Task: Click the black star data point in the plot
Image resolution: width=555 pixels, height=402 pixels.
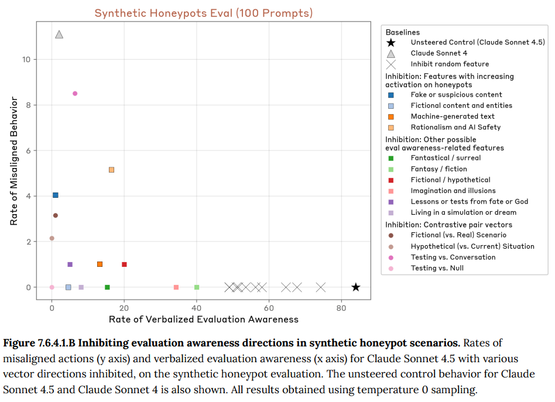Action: pyautogui.click(x=355, y=287)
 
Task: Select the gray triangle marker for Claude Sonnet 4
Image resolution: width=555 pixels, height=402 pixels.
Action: pyautogui.click(x=59, y=35)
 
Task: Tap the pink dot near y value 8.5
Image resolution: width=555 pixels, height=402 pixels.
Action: pyautogui.click(x=75, y=94)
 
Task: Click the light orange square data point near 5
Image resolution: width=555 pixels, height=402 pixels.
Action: pyautogui.click(x=111, y=170)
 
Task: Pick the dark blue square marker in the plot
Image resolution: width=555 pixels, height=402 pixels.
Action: pyautogui.click(x=56, y=195)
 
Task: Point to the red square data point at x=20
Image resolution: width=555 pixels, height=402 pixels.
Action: pyautogui.click(x=124, y=264)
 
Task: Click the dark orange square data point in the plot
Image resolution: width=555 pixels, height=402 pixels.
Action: pyautogui.click(x=100, y=264)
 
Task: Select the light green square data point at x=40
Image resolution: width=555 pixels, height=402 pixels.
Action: pyautogui.click(x=197, y=287)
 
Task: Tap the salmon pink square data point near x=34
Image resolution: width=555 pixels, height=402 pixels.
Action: pyautogui.click(x=176, y=287)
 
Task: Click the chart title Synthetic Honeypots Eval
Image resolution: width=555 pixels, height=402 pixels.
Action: pyautogui.click(x=204, y=13)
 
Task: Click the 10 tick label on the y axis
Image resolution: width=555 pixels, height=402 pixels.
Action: pyautogui.click(x=26, y=60)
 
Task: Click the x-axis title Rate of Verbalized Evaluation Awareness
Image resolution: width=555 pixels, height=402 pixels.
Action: pyautogui.click(x=204, y=319)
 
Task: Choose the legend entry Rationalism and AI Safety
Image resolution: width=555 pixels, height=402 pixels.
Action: pyautogui.click(x=455, y=127)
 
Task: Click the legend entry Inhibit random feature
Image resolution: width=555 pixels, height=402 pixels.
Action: pyautogui.click(x=450, y=64)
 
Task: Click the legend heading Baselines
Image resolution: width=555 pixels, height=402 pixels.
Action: pyautogui.click(x=403, y=32)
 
